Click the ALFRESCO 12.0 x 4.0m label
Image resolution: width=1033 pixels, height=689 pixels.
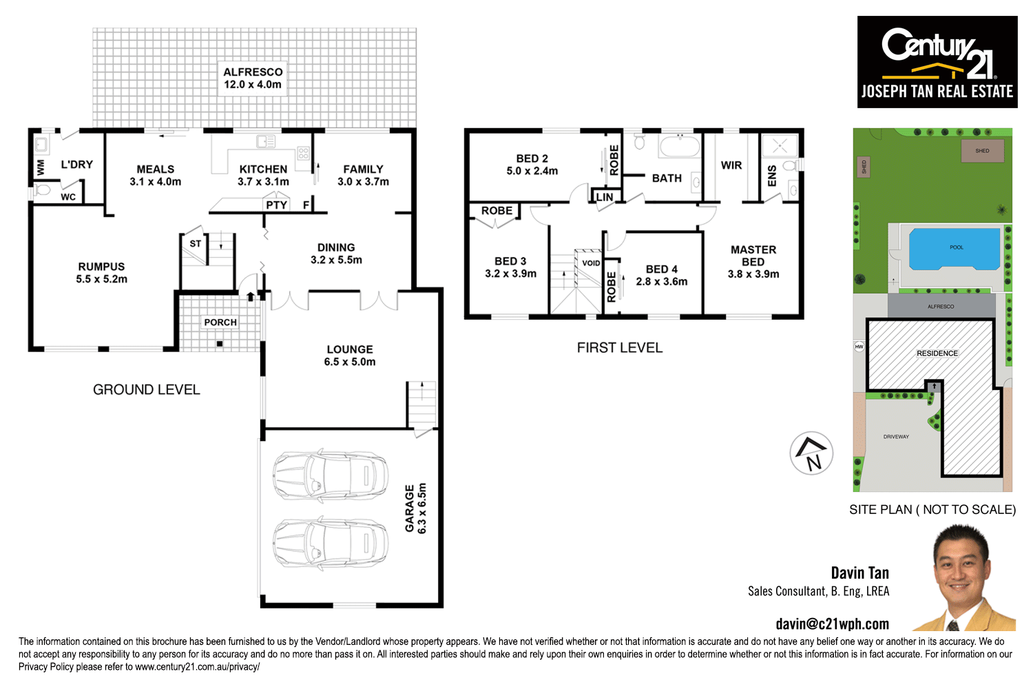[x=253, y=78]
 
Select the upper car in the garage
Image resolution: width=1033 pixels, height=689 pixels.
[x=331, y=476]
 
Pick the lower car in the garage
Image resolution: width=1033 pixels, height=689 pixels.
[x=331, y=542]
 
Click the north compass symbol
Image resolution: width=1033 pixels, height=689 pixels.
[x=811, y=453]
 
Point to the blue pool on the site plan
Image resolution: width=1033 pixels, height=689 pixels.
[x=954, y=249]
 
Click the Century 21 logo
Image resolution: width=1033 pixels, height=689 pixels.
[x=937, y=62]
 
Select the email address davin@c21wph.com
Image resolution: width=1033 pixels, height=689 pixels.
[x=832, y=624]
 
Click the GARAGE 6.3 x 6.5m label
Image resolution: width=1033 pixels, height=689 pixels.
[x=416, y=508]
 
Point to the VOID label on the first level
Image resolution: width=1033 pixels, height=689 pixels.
[x=591, y=263]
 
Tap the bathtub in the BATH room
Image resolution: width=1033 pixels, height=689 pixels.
[x=679, y=147]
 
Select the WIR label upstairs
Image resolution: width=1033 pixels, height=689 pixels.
[x=731, y=165]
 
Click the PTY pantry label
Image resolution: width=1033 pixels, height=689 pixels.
[x=277, y=205]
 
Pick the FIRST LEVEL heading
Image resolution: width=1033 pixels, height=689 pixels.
[x=620, y=348]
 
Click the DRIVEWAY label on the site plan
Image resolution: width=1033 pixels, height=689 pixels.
[x=896, y=437]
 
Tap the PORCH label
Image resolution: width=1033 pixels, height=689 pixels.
[x=220, y=322]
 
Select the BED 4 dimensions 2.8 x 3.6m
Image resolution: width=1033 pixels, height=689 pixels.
[x=662, y=282]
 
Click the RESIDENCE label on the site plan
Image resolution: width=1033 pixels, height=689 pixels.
[x=937, y=353]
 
